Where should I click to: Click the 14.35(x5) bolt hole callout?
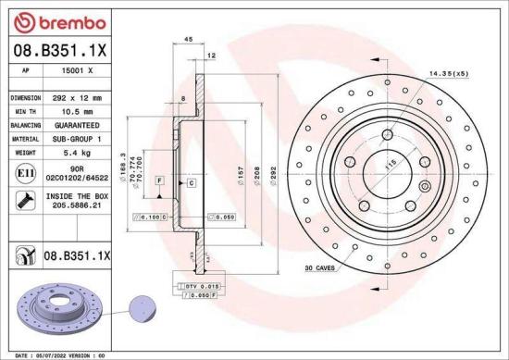[448, 71]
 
